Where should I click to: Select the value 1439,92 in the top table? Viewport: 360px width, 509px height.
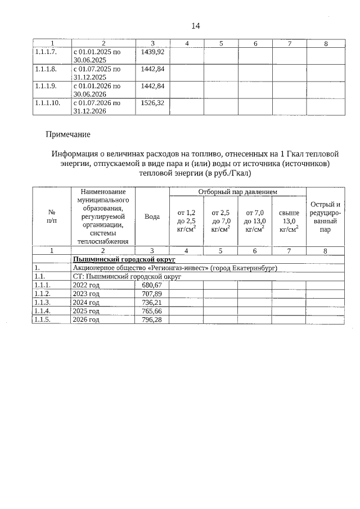pyautogui.click(x=152, y=52)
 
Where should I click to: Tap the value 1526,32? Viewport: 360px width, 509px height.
pyautogui.click(x=152, y=103)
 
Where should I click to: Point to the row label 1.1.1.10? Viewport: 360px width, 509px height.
pyautogui.click(x=47, y=103)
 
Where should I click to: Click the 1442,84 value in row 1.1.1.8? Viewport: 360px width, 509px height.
pyautogui.click(x=152, y=69)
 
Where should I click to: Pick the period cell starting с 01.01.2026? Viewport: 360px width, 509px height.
pyautogui.click(x=97, y=90)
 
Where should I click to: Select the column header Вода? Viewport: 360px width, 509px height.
pyautogui.click(x=152, y=217)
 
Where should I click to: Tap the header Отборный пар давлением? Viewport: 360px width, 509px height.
pyautogui.click(x=237, y=192)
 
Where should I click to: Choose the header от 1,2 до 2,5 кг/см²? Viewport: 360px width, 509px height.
pyautogui.click(x=186, y=220)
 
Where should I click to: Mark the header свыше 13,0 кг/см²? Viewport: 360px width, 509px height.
pyautogui.click(x=289, y=220)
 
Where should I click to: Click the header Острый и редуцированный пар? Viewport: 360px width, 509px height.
pyautogui.click(x=325, y=217)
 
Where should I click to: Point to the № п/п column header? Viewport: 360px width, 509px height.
pyautogui.click(x=51, y=217)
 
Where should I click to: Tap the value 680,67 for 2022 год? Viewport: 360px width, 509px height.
pyautogui.click(x=152, y=285)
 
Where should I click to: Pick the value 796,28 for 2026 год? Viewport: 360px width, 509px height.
pyautogui.click(x=152, y=319)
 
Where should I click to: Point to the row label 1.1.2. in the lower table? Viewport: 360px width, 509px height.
pyautogui.click(x=43, y=294)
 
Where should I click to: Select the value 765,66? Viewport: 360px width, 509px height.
pyautogui.click(x=152, y=311)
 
